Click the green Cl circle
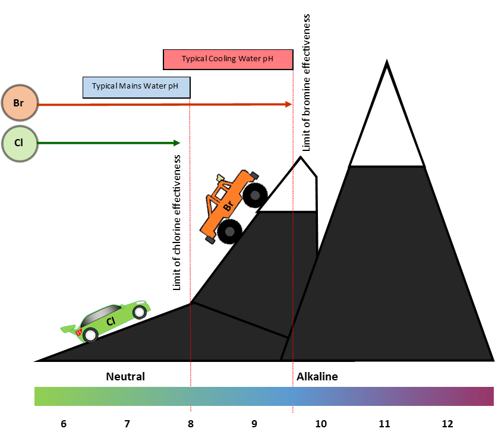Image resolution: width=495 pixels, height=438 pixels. [19, 143]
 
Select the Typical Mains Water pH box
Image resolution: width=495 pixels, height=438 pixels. [136, 86]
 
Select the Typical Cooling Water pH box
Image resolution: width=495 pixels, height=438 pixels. [228, 59]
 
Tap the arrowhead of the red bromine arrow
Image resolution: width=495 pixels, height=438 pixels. [289, 105]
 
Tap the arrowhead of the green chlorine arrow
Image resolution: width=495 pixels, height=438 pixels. [176, 143]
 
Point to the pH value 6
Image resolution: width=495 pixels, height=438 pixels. [64, 424]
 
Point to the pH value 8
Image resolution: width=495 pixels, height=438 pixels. [191, 424]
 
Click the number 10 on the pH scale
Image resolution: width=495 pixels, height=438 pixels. [321, 424]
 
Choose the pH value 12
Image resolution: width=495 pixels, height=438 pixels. [447, 424]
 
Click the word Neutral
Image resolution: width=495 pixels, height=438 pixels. [125, 377]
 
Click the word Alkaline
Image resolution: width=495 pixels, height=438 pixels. [317, 377]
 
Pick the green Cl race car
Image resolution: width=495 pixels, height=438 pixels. [107, 321]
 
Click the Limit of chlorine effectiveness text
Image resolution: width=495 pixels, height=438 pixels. [177, 223]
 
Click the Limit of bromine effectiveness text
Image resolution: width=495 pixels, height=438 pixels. [307, 83]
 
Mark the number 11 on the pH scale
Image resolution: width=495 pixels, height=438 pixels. [384, 424]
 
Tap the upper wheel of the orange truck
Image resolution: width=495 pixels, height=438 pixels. [256, 194]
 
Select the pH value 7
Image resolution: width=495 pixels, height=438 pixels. [127, 424]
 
